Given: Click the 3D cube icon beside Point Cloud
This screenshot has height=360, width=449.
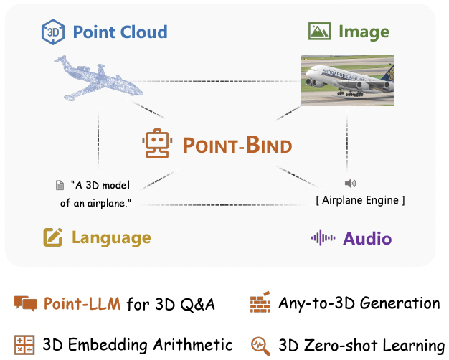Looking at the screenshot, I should coord(53,32).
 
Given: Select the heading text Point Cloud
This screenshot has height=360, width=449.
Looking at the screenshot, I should coord(119,32).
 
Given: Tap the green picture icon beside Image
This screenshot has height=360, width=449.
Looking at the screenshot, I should coord(320,32).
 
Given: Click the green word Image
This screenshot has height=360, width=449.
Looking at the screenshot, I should coord(365,32).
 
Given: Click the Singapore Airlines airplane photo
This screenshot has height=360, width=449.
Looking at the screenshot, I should coord(347,80).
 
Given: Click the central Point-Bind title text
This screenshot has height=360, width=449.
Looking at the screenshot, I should coord(237,146).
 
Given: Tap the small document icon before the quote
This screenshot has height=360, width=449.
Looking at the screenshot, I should coord(60,185).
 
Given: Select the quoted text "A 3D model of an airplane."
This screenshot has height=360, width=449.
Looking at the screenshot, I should coord(100,194).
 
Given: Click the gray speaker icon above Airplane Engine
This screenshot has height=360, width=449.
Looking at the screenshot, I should coord(350,184).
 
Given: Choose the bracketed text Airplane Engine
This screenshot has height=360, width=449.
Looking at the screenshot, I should coord(360,200).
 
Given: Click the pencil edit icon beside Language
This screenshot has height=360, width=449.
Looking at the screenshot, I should coord(53,237).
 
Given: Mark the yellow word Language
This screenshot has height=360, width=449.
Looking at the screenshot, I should coord(111,238).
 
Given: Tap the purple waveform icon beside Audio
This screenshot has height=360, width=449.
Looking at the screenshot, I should coord(323,238).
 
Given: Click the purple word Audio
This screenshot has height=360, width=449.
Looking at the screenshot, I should coord(367,238).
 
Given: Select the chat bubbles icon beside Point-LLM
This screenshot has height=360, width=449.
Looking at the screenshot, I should coord(25,304).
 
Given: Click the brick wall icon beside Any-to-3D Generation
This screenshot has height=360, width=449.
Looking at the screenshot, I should coord(260,303).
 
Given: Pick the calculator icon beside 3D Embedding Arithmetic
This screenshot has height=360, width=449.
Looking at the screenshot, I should coord(25,344).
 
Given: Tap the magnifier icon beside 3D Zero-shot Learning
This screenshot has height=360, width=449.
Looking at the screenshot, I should coord(260,345).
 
